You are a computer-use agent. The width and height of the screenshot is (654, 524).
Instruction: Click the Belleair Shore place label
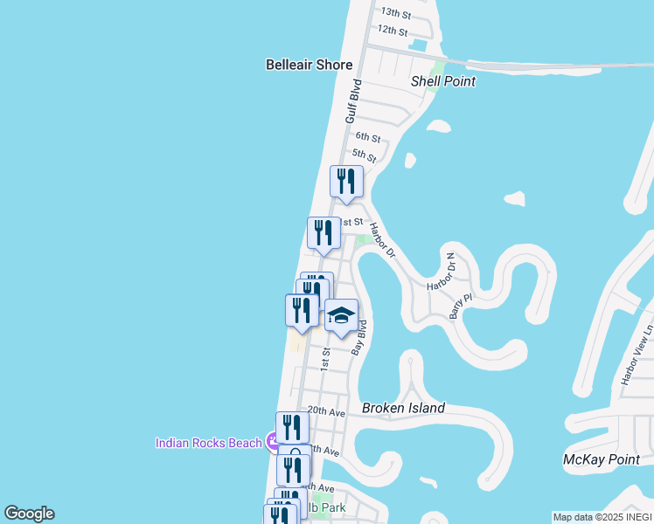pyautogui.click(x=309, y=65)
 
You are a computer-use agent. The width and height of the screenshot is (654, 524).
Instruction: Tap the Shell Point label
pyautogui.click(x=443, y=81)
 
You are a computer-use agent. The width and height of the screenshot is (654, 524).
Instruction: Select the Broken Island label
pyautogui.click(x=403, y=408)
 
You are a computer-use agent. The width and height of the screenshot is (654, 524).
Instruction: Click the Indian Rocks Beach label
pyautogui.click(x=208, y=443)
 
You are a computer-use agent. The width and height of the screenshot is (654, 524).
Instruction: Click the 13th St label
pyautogui.click(x=395, y=13)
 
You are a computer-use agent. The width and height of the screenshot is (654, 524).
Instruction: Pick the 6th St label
pyautogui.click(x=368, y=138)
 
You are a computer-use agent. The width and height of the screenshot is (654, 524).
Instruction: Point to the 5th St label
pyautogui.click(x=365, y=158)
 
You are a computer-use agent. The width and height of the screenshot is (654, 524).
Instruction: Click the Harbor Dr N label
pyautogui.click(x=442, y=272)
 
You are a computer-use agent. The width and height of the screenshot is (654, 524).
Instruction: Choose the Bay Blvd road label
pyautogui.click(x=358, y=337)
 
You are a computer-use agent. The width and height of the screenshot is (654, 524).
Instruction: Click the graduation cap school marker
pyautogui.click(x=341, y=315)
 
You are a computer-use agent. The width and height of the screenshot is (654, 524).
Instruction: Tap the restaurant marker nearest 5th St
pyautogui.click(x=346, y=182)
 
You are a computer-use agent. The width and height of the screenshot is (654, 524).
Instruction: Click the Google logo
pyautogui.click(x=29, y=514)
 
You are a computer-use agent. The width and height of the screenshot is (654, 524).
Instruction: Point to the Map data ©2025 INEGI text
pyautogui.click(x=602, y=517)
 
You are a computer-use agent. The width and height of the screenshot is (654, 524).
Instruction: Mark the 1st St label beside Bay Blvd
pyautogui.click(x=324, y=359)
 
